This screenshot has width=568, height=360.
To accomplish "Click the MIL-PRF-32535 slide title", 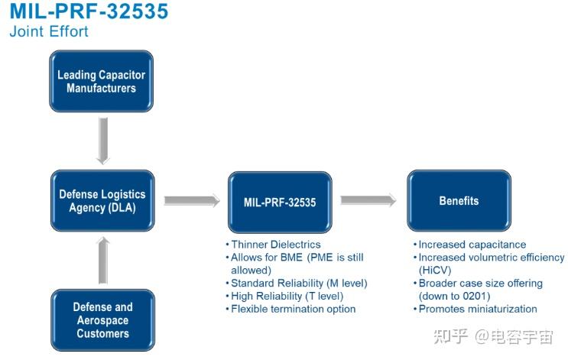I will (88, 12).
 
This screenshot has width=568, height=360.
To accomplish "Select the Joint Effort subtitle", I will (49, 32).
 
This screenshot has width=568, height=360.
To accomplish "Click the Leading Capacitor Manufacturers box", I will (102, 82).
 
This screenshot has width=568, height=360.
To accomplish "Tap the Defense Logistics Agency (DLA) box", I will (102, 201).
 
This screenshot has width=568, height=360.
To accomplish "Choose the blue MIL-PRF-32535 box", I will (280, 202).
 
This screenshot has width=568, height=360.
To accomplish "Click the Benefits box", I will (459, 201).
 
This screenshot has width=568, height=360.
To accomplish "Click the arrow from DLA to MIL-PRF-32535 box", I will (191, 201).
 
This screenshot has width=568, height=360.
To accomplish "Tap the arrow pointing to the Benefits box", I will (368, 200).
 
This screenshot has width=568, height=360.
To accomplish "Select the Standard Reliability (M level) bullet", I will (299, 284).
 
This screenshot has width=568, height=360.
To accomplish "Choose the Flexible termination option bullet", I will (293, 309).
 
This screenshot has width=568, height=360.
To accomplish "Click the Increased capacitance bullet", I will (472, 245).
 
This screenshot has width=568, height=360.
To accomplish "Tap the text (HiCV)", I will (433, 271).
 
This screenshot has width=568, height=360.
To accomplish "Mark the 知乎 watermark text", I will (451, 336).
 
